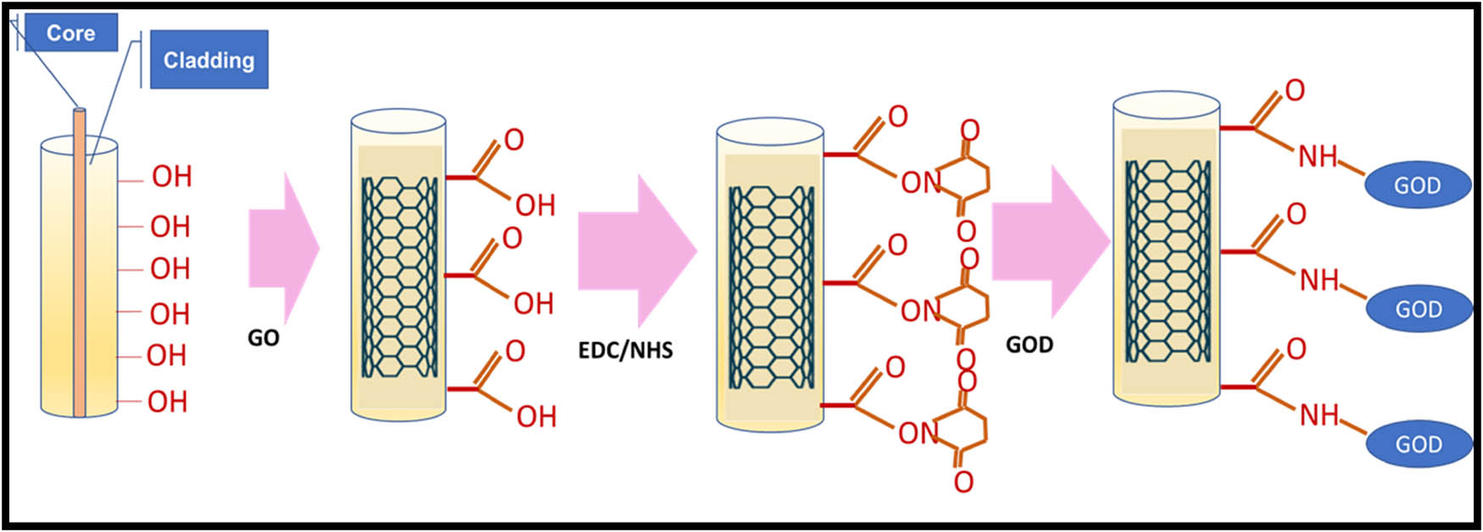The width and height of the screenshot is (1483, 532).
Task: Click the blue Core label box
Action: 70,33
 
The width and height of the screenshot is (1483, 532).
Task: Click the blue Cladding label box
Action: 208,60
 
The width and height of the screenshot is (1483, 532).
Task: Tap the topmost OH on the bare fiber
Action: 172,176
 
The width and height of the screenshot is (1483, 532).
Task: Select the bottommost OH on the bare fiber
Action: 167,402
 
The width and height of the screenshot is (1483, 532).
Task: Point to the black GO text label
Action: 263,338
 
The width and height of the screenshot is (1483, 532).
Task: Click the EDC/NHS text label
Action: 625,350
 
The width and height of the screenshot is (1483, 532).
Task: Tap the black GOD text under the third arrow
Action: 1029,345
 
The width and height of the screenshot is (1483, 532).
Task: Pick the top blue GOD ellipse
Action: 1417,186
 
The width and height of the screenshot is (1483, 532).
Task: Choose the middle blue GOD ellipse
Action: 1418,309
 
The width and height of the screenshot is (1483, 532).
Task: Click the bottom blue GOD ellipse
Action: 1418,444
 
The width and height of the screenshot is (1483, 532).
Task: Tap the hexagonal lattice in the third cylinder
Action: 769,288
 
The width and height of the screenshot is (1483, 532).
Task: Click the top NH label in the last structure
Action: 1318,157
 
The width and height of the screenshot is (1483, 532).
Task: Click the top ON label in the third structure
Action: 920,182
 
